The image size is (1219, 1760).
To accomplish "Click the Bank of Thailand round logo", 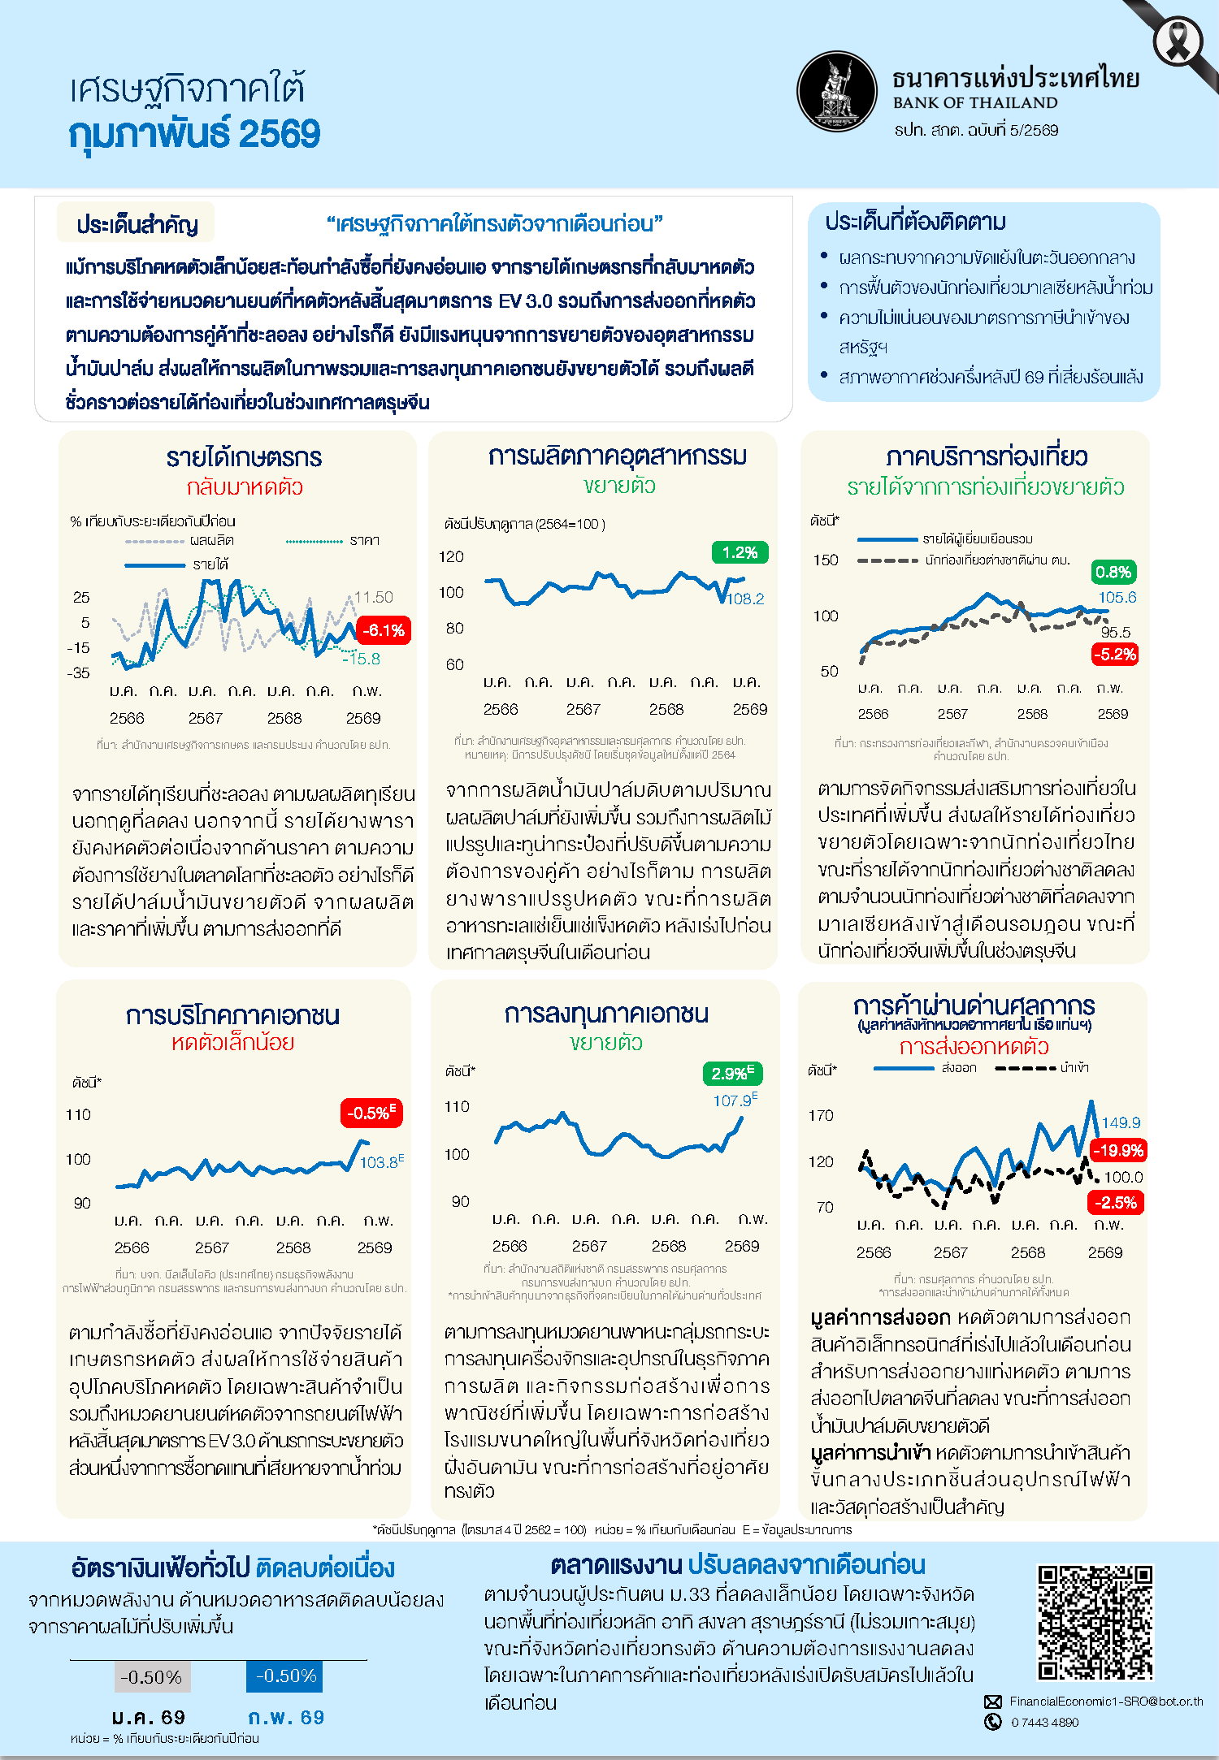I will (x=837, y=92).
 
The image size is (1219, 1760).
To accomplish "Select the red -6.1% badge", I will (x=384, y=630).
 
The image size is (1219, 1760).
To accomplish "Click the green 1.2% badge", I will (x=740, y=553).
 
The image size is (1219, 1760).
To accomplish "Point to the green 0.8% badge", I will (x=1113, y=572).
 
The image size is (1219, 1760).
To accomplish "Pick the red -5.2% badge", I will (x=1114, y=654).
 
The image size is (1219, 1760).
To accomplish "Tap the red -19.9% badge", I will (x=1117, y=1150).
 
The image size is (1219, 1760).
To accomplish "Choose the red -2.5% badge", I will (x=1115, y=1202).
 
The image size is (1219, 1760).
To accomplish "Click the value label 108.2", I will (x=745, y=599).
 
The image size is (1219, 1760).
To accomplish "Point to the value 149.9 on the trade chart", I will (x=1121, y=1123).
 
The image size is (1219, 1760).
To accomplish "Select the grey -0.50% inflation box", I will (x=151, y=1677).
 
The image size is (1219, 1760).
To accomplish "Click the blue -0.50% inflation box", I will (x=285, y=1676).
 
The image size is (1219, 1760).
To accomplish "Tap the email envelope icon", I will (x=993, y=1702).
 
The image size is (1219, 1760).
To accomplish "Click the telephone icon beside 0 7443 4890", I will (x=993, y=1722).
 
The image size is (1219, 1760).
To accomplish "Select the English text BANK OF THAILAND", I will (x=975, y=103).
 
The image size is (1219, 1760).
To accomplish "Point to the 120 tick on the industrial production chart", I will (x=451, y=557).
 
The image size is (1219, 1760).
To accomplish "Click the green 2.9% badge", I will (x=732, y=1073).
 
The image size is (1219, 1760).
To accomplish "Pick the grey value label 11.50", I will (x=374, y=598).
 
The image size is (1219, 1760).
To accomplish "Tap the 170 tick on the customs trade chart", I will (x=821, y=1116).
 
